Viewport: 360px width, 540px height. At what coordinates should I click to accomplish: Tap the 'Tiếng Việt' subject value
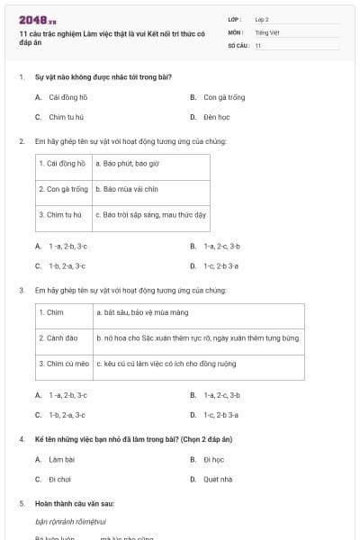click(x=267, y=32)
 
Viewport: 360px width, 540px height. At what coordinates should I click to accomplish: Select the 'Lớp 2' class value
click(x=262, y=19)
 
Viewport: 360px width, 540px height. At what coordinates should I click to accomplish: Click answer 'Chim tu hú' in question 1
click(x=67, y=117)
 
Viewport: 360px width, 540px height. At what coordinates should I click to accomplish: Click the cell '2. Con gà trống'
click(x=63, y=190)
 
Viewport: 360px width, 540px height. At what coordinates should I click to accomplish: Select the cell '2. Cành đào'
click(x=58, y=337)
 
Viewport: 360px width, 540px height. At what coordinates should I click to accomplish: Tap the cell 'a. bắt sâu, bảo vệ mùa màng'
click(x=141, y=312)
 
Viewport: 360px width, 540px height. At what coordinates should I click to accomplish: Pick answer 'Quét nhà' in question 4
click(x=218, y=479)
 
